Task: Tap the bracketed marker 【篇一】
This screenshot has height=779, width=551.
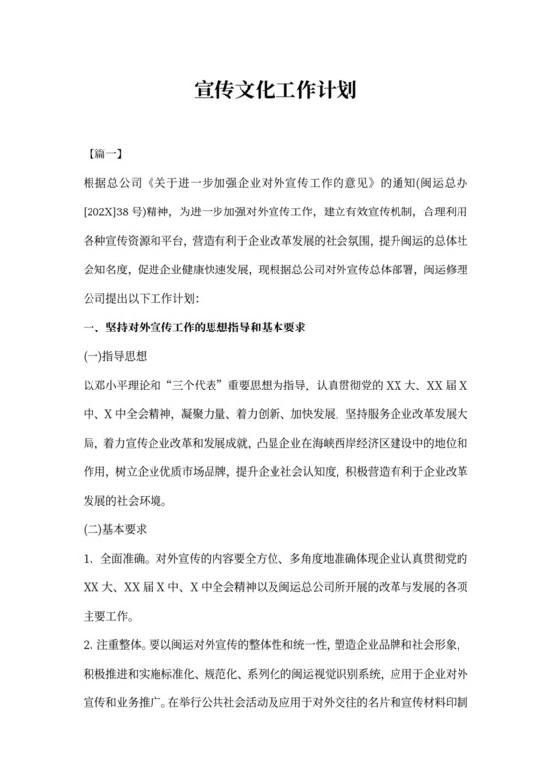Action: click(103, 156)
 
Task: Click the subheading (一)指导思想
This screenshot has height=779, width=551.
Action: click(115, 354)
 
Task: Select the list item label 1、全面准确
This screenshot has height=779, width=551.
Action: click(117, 559)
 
